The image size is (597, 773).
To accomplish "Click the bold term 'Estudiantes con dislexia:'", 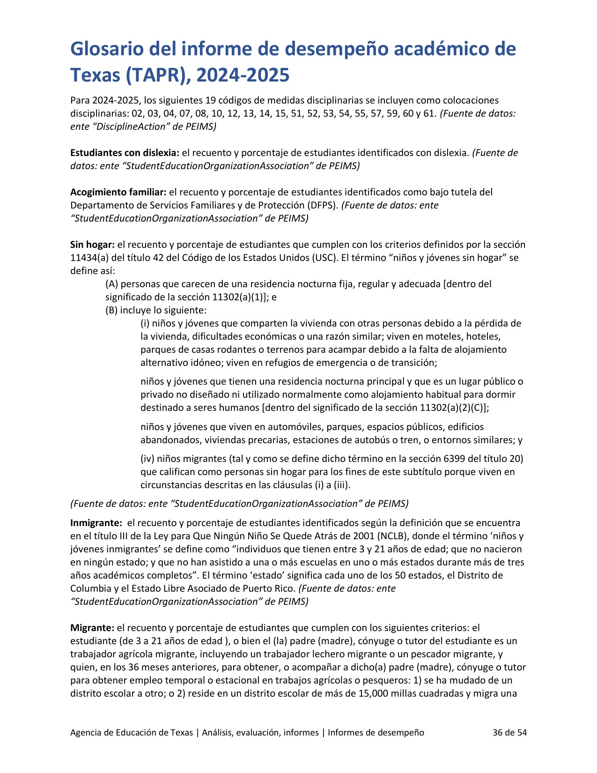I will pos(125,153).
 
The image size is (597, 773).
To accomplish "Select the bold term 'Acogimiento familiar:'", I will pos(118,192).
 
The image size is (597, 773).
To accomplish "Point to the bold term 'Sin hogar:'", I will pos(92,245).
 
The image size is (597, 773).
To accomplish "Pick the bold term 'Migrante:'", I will pos(92,628).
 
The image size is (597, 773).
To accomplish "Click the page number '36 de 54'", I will pos(509,732).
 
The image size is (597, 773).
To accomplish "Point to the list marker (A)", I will pos(111,284).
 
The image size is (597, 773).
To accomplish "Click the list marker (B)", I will pos(111,310).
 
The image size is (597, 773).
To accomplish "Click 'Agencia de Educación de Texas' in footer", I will pos(132,732).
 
